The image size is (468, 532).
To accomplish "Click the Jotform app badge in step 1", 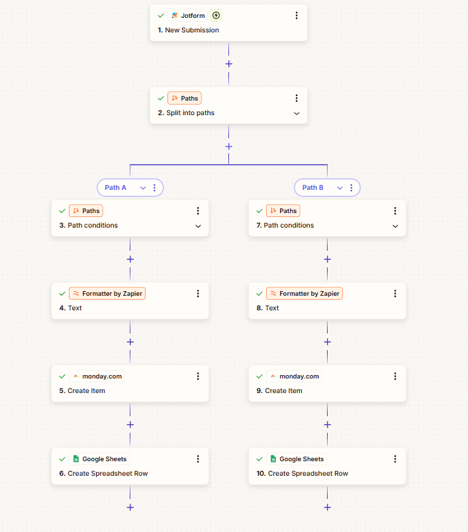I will (188, 15).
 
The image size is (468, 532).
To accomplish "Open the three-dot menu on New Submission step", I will (297, 15).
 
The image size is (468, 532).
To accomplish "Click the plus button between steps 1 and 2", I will (229, 64).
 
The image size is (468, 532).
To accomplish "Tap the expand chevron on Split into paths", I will (297, 113).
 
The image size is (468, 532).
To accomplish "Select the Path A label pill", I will (116, 188).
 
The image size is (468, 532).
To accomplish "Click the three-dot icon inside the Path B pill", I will (351, 188).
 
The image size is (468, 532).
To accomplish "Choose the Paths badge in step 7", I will (283, 211).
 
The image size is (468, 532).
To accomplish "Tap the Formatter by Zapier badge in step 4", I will (107, 294).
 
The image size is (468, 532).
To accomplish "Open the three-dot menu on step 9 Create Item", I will (395, 377).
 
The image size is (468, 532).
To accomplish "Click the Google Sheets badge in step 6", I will (99, 459).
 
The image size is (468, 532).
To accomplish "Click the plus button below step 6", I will (130, 508).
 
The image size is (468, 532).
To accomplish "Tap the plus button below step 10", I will (328, 508).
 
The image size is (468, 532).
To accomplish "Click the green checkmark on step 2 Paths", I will (161, 99).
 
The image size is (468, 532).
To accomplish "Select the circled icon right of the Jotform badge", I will (216, 15).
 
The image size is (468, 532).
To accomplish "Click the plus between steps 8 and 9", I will (328, 342).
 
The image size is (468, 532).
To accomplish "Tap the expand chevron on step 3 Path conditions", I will (198, 226).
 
